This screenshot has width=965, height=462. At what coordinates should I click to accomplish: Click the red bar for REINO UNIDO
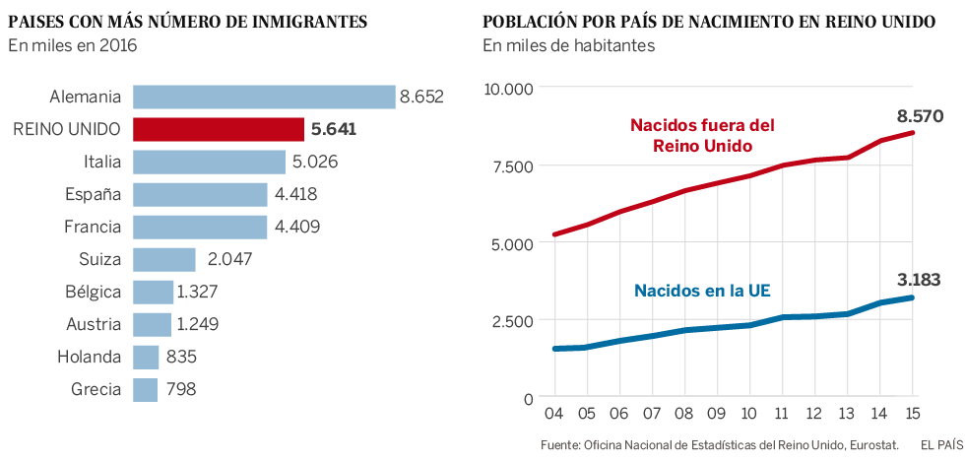pyautogui.click(x=219, y=129)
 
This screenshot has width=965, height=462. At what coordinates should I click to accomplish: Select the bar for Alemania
pyautogui.click(x=263, y=97)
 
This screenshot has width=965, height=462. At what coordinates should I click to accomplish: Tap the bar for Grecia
pyautogui.click(x=145, y=389)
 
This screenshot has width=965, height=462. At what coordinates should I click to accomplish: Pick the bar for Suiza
pyautogui.click(x=163, y=259)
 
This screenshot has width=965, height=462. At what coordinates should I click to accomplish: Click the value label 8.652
pyautogui.click(x=421, y=97)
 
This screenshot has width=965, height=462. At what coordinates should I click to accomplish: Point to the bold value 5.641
pyautogui.click(x=334, y=129)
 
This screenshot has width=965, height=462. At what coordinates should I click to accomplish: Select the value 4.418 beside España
pyautogui.click(x=295, y=194)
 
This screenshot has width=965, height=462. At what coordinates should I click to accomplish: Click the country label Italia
pyautogui.click(x=102, y=162)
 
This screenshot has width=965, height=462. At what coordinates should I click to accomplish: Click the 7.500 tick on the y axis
pyautogui.click(x=510, y=165)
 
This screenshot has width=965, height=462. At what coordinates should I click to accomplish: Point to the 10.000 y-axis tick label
pyautogui.click(x=507, y=89)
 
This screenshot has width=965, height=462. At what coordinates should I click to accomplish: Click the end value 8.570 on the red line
pyautogui.click(x=920, y=116)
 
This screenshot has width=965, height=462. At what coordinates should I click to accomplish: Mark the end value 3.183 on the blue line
pyautogui.click(x=920, y=280)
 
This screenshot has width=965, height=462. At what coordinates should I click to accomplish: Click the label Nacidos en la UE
pyautogui.click(x=701, y=291)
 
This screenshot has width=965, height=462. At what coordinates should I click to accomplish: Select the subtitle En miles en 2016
pyautogui.click(x=72, y=45)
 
